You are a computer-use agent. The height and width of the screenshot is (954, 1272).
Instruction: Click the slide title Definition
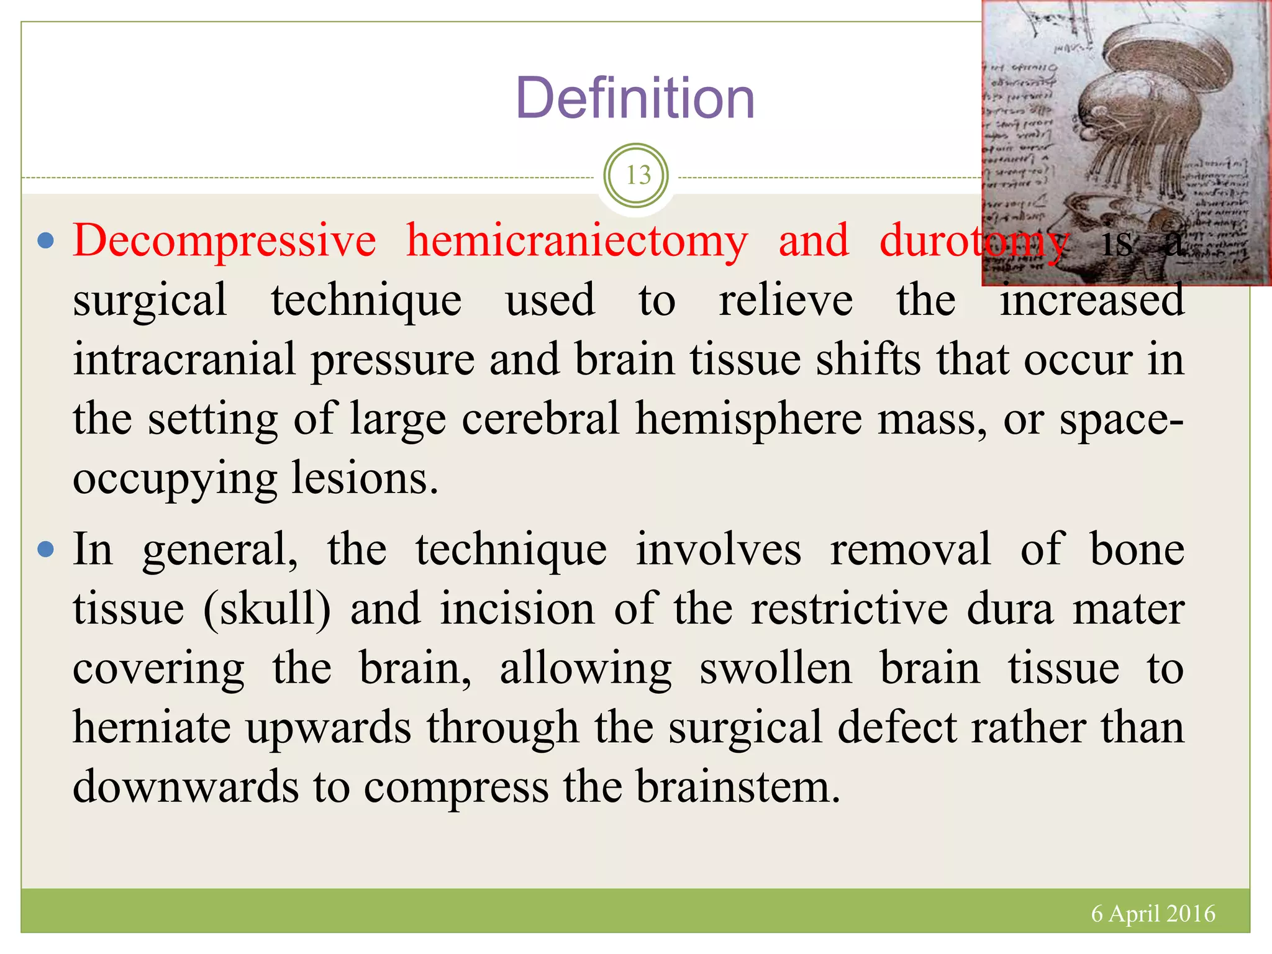[635, 98]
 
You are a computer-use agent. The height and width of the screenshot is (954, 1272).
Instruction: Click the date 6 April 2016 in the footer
[1153, 914]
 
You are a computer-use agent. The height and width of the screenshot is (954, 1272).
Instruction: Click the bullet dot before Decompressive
[46, 241]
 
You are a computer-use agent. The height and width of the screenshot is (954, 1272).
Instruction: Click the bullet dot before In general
[46, 550]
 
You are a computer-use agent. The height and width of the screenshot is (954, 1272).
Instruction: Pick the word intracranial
[184, 360]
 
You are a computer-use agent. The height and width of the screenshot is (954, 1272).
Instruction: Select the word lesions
[365, 478]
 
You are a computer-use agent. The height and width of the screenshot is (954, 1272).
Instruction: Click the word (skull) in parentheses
[267, 609]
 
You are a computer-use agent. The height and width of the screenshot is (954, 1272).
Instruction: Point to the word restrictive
[850, 609]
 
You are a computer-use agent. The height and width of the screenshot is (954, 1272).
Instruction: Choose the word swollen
[776, 669]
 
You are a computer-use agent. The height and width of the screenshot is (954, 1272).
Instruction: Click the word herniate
[152, 727]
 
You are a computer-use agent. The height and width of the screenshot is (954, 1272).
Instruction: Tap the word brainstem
[738, 787]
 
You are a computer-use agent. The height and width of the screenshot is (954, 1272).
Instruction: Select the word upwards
[329, 729]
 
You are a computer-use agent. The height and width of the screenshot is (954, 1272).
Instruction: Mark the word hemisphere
[749, 419]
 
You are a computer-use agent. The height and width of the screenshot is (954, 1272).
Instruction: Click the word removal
[910, 550]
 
